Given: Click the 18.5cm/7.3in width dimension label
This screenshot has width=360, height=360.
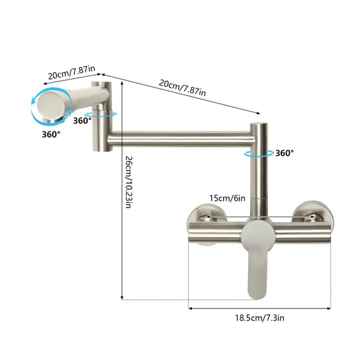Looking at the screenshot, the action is click(259, 318).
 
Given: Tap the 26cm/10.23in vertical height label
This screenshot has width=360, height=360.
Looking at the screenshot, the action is click(128, 182).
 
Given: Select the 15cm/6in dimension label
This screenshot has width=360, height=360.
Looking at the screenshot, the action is click(227, 198).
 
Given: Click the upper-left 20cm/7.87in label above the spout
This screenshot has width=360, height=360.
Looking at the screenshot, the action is click(71, 72).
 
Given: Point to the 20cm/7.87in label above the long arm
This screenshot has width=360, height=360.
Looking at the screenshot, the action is click(182, 88).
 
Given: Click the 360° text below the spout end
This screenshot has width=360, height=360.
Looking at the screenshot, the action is click(51, 134).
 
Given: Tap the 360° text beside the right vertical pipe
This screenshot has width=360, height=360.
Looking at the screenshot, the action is click(284, 153).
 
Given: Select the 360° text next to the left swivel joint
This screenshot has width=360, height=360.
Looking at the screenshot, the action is click(82, 121).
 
